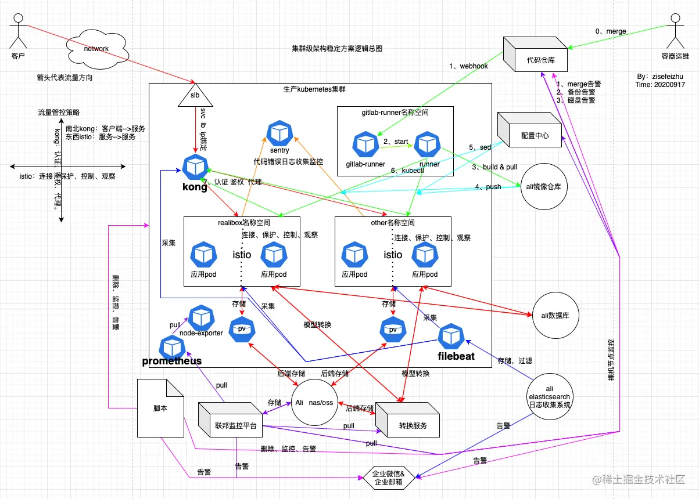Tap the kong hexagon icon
point(195,167)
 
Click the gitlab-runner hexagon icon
point(365,144)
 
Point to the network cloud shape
point(96,49)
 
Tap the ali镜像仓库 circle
point(544,186)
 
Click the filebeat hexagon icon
point(451,337)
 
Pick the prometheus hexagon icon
point(172,347)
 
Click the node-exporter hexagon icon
point(200,317)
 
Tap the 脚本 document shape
point(160,408)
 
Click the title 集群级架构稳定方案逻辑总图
point(336,49)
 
